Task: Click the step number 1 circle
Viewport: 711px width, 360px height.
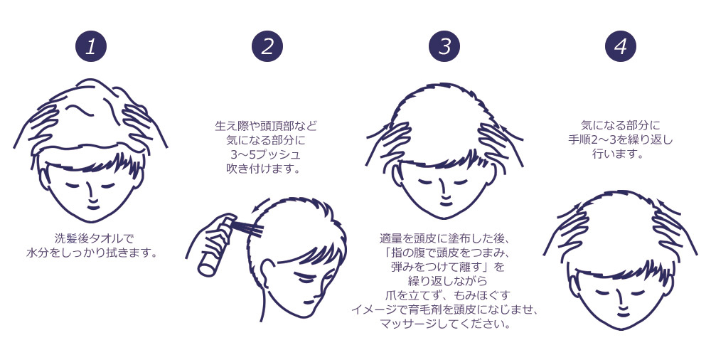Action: point(91,46)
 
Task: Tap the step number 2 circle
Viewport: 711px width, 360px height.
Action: point(267,46)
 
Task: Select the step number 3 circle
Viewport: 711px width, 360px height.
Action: point(444,46)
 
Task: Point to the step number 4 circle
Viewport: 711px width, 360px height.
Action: point(621,46)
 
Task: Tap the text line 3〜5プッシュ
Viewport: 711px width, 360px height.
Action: point(266,154)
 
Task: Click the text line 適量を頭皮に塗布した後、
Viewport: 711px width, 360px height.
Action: point(445,238)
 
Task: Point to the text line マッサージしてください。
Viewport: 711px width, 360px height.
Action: point(445,324)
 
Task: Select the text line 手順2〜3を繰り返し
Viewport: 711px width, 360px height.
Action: point(620,139)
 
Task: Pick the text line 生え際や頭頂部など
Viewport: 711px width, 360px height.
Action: point(266,125)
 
